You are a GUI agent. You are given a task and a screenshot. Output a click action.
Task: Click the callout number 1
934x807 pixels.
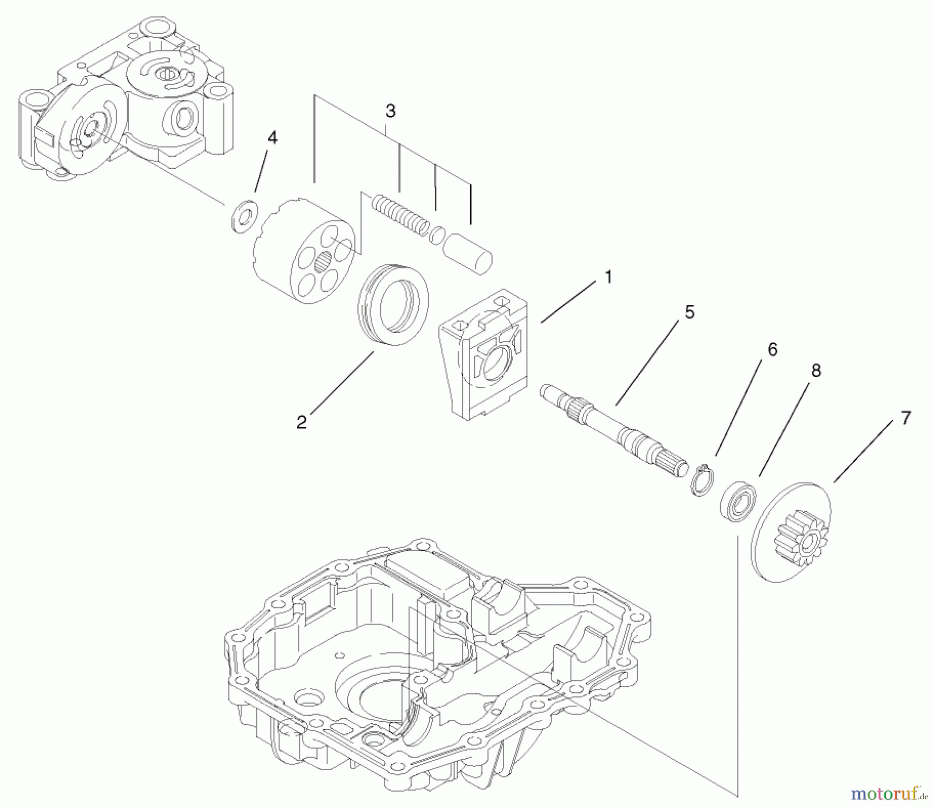(608, 278)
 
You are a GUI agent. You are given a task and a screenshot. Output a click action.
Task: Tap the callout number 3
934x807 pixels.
(391, 111)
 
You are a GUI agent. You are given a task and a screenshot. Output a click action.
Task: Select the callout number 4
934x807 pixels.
(272, 138)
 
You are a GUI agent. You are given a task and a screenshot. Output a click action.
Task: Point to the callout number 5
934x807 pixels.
(689, 312)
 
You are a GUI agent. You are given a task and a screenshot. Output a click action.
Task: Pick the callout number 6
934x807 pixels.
(773, 350)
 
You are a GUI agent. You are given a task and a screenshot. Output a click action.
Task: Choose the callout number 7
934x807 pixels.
(905, 418)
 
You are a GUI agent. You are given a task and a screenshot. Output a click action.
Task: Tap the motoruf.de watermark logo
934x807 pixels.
(888, 792)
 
